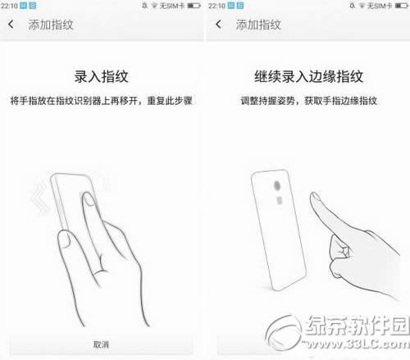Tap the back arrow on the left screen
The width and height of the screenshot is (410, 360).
[11, 25]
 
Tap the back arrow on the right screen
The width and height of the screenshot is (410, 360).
[218, 25]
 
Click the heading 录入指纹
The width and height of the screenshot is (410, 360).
[102, 76]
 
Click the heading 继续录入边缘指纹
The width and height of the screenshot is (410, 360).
[309, 76]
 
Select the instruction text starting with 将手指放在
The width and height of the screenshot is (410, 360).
[102, 101]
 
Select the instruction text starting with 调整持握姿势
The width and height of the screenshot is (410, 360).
[309, 101]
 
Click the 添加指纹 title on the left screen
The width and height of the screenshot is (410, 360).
[51, 25]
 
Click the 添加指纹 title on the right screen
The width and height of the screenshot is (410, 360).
[258, 25]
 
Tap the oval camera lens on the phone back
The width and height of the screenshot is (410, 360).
[277, 185]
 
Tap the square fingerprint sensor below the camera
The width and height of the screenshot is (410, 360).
[280, 200]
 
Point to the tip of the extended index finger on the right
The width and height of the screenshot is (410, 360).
[313, 194]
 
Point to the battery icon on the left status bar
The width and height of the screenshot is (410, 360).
[194, 6]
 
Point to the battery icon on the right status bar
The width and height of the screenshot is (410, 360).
[402, 6]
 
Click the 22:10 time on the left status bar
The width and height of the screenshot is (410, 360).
[9, 6]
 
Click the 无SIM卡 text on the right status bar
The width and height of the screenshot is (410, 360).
[380, 6]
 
